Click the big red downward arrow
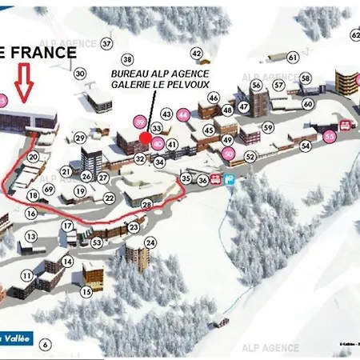[25, 83]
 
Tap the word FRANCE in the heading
[45, 53]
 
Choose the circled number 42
[196, 54]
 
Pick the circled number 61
[293, 57]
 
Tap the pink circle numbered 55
[330, 137]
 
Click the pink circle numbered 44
[183, 115]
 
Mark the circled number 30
[80, 74]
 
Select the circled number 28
[146, 205]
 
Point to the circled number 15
[86, 292]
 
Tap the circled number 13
[31, 237]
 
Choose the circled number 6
[46, 345]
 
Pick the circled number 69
[49, 189]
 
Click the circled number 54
[305, 146]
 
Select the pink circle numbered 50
[229, 154]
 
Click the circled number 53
[97, 242]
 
